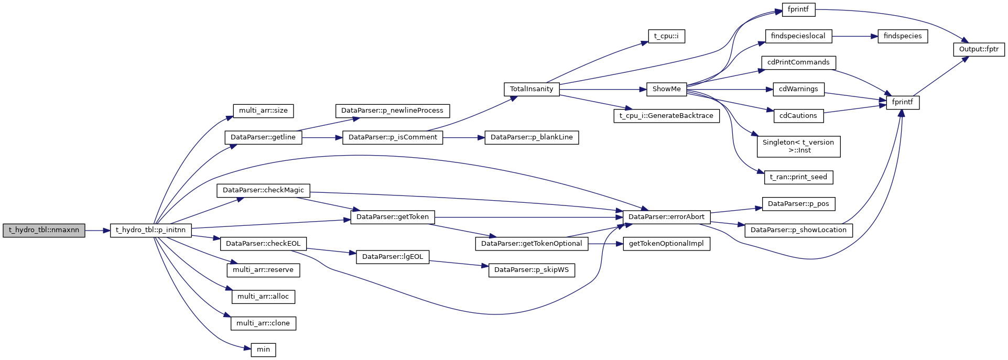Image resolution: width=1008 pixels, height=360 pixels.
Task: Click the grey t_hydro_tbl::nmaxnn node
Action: [44, 230]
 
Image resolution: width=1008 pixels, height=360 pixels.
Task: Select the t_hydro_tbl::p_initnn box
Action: [151, 230]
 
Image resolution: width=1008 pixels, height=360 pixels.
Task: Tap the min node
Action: [263, 350]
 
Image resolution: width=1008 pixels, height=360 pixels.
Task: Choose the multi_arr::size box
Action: [263, 111]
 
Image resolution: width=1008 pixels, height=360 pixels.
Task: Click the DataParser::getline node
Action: [263, 137]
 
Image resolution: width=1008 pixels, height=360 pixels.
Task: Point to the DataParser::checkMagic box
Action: [263, 190]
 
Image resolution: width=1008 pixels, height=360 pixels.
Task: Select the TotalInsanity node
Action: [532, 89]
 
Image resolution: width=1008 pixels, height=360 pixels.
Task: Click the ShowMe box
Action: [666, 89]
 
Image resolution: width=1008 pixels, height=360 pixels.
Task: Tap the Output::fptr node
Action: [979, 49]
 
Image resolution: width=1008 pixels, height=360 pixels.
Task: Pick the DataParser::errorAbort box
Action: [666, 217]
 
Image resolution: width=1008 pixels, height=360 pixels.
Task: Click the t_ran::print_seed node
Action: [798, 177]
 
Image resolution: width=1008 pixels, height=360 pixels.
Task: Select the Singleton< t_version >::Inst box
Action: [798, 146]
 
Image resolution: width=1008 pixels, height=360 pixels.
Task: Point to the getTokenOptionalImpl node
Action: [666, 244]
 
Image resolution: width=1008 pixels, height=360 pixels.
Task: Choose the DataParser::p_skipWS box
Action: [532, 270]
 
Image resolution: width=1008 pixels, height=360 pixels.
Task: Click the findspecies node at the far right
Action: [903, 36]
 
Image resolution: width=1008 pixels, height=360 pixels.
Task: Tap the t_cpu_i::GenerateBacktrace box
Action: [666, 116]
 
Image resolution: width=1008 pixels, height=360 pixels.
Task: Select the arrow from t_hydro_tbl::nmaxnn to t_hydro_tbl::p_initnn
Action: [97, 230]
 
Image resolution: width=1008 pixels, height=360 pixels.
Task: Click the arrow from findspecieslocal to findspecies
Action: [854, 36]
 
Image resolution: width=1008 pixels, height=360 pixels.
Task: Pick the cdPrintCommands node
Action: [798, 62]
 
